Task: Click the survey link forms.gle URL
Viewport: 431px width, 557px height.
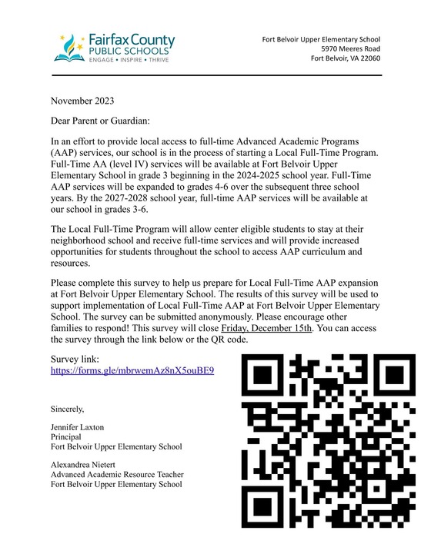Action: [132, 370]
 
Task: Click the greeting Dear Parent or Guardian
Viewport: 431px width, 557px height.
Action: [100, 121]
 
